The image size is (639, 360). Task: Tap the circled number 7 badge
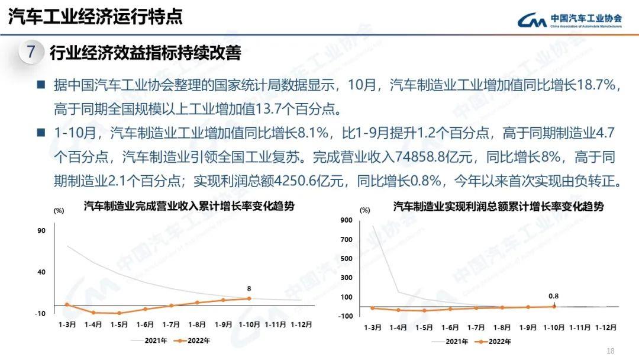[31, 52]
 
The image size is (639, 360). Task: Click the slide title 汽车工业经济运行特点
[95, 16]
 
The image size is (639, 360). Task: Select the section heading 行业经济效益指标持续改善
[145, 53]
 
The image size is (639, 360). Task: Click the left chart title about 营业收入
[189, 207]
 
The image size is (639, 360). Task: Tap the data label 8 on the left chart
[249, 289]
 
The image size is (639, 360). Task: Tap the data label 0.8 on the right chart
[554, 296]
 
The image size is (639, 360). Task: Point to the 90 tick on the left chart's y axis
[41, 231]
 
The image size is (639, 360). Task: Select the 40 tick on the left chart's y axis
[41, 272]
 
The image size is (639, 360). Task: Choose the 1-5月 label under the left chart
[119, 324]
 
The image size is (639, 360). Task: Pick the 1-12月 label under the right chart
[606, 327]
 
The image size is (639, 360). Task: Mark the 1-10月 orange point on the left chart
[248, 298]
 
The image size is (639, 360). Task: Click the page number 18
[611, 351]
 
